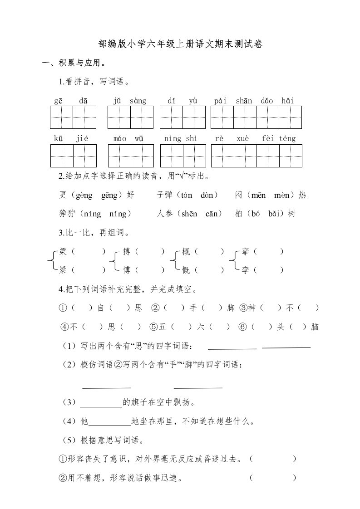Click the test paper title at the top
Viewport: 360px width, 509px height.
pos(180,44)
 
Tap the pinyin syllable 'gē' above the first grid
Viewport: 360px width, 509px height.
pos(59,101)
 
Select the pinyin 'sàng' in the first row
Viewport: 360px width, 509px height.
pos(138,101)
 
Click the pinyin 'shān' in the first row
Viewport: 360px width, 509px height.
pos(244,101)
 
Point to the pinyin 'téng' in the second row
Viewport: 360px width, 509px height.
pos(286,139)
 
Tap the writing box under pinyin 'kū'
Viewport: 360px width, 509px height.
pos(61,156)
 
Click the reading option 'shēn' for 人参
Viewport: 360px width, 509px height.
pos(189,214)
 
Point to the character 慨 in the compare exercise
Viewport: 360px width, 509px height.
pos(186,270)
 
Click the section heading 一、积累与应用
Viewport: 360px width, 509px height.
pos(71,63)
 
